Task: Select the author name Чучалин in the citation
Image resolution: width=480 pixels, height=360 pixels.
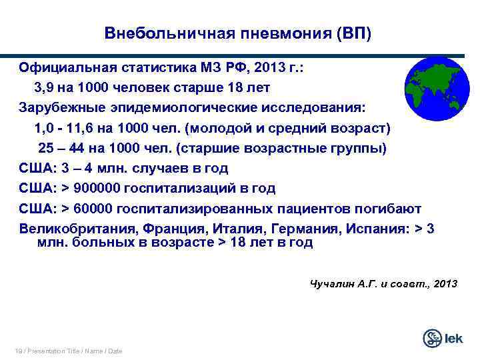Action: point(333,283)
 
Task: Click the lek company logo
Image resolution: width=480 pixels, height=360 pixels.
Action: point(443,338)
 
